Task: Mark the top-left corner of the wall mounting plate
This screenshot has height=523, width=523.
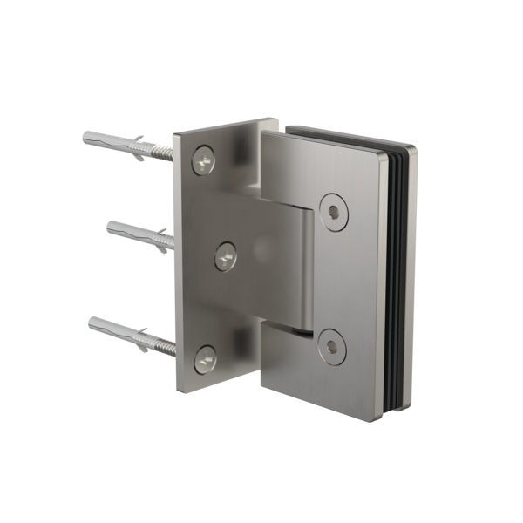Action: coord(175,133)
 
